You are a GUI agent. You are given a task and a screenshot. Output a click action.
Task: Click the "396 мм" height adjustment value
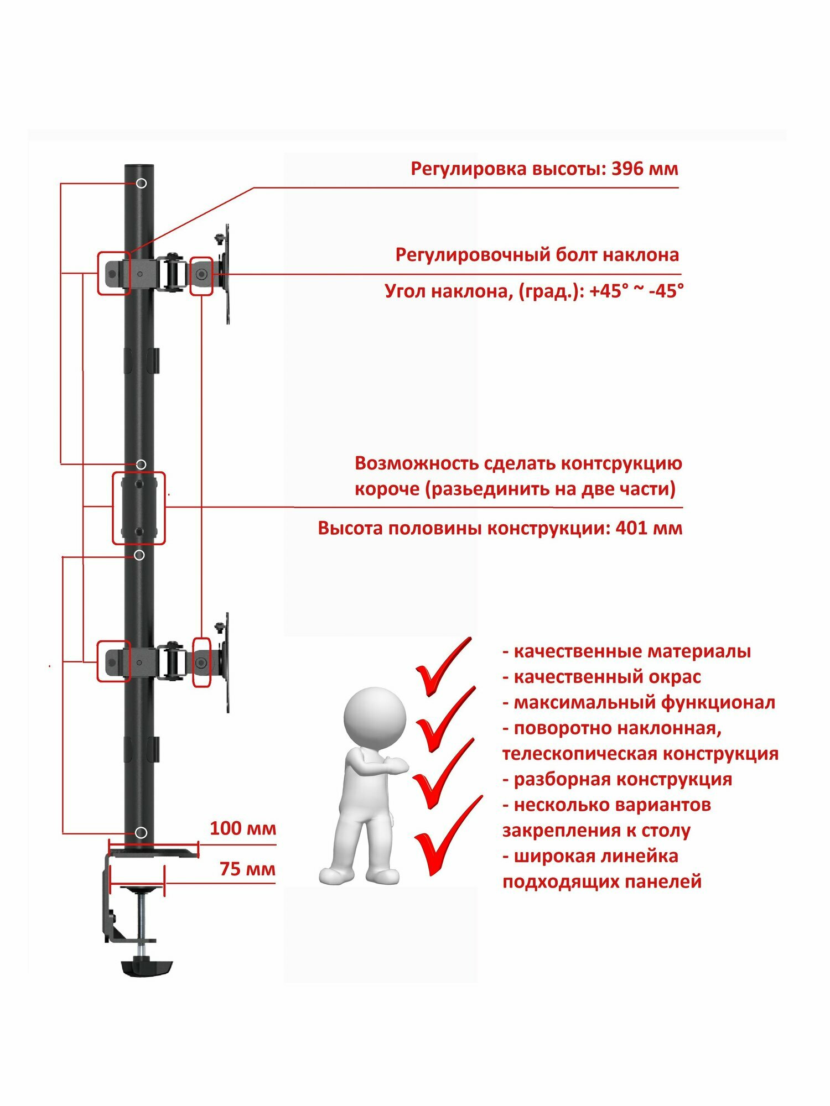(645, 169)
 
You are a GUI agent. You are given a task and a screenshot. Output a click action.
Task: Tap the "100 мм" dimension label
(242, 828)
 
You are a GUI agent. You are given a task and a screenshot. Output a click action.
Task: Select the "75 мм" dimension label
(247, 869)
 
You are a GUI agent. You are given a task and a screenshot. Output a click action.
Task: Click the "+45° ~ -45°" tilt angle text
(636, 291)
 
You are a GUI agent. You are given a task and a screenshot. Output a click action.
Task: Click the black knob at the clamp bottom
(147, 967)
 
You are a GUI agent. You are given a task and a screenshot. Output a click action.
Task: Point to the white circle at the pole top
(142, 183)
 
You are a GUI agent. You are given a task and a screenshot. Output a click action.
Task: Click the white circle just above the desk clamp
(141, 832)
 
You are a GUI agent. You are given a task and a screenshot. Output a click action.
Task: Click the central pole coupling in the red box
(139, 508)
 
